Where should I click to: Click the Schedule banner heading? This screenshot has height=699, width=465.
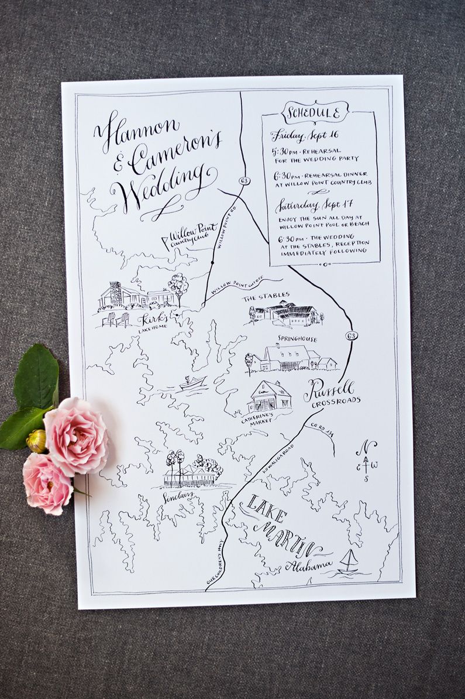315,112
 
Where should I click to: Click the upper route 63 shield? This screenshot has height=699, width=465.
244,181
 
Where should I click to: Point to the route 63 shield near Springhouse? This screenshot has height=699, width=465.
356,336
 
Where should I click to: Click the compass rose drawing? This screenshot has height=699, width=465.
367,459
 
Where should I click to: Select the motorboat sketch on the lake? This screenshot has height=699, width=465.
192,383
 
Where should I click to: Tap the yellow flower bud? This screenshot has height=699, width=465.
36,441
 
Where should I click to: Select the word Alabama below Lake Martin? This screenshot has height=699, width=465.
309,566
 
